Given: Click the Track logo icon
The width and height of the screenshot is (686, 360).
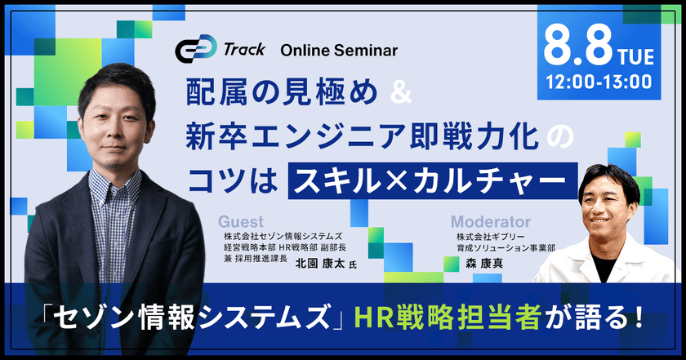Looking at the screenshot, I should tap(196, 49).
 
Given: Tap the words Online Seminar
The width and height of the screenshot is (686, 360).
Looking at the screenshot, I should tap(339, 51).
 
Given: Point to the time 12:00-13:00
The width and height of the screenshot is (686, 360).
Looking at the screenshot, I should tap(599, 82).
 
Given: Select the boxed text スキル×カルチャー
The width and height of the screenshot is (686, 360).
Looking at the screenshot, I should tap(431, 176).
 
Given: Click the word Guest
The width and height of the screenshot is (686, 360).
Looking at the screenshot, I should tap(241, 221).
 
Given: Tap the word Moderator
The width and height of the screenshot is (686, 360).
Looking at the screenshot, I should tap(491, 221).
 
